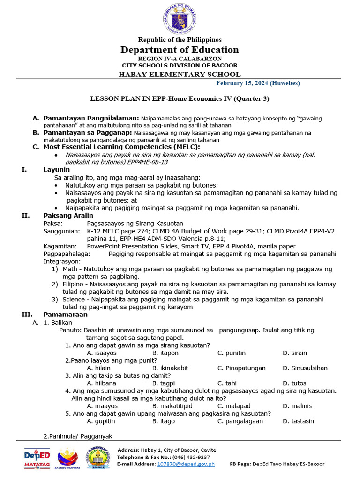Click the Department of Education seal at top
pyautogui.click(x=180, y=19)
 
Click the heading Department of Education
pyautogui.click(x=180, y=50)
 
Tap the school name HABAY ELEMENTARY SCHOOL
pyautogui.click(x=180, y=74)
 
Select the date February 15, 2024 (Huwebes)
pyautogui.click(x=258, y=83)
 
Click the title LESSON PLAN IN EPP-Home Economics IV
pyautogui.click(x=180, y=99)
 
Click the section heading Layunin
pyautogui.click(x=57, y=169)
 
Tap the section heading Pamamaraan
pyautogui.click(x=63, y=314)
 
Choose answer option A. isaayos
pyautogui.click(x=102, y=352)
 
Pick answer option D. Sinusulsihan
pyautogui.click(x=305, y=368)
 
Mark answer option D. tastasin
pyautogui.click(x=298, y=421)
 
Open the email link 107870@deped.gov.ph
pyautogui.click(x=186, y=464)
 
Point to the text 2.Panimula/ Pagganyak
pyautogui.click(x=78, y=436)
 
